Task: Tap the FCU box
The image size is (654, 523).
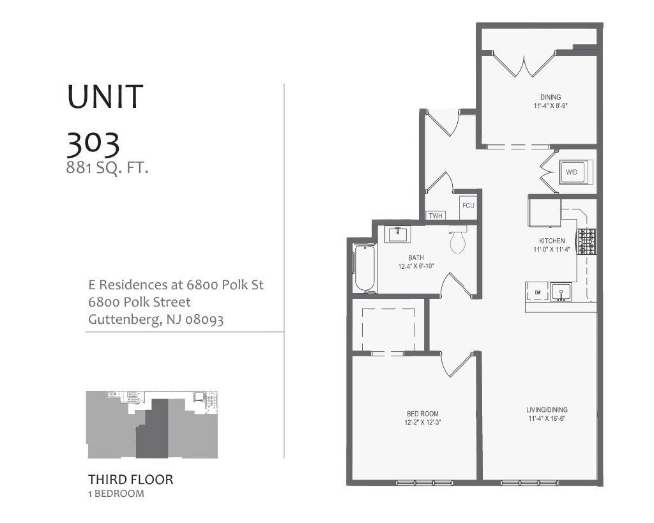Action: click(468, 206)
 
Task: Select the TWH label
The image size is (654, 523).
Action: click(436, 216)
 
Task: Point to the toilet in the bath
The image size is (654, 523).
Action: click(458, 241)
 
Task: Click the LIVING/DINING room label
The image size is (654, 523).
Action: click(547, 409)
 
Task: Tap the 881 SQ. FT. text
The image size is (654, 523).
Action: click(107, 169)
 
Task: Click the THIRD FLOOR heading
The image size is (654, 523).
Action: click(130, 479)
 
